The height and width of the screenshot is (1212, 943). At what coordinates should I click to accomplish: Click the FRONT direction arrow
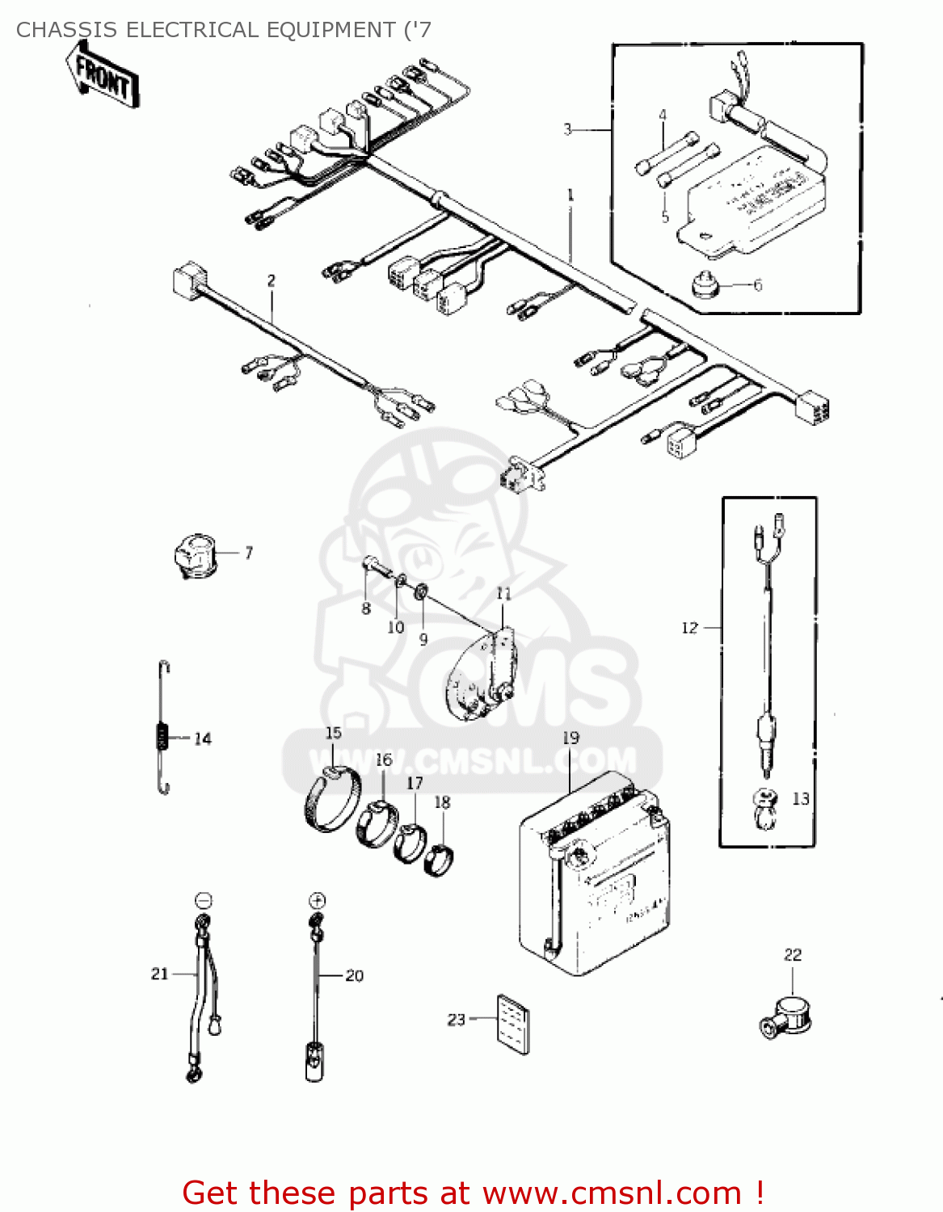pyautogui.click(x=103, y=76)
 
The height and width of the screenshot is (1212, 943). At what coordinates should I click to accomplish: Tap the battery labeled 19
pyautogui.click(x=594, y=877)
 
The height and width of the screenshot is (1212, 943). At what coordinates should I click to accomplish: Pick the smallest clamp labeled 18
pyautogui.click(x=439, y=859)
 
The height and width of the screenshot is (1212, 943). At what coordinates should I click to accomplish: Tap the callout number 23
pyautogui.click(x=457, y=1020)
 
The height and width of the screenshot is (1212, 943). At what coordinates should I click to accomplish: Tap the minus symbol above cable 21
pyautogui.click(x=204, y=900)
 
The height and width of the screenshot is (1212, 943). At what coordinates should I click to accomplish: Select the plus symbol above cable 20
pyautogui.click(x=317, y=900)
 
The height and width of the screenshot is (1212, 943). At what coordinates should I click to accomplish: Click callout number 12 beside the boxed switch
pyautogui.click(x=689, y=628)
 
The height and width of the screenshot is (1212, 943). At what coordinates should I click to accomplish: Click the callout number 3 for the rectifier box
pyautogui.click(x=567, y=129)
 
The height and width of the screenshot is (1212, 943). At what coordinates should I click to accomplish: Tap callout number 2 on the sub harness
pyautogui.click(x=272, y=281)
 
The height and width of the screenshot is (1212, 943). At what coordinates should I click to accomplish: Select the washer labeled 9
pyautogui.click(x=421, y=592)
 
